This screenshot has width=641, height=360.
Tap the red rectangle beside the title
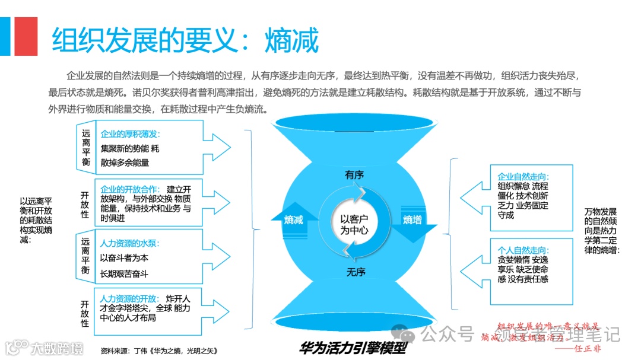click(x=26, y=36)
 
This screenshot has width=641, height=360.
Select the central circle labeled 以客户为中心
click(x=354, y=225)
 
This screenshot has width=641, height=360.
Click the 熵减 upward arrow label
click(x=294, y=220)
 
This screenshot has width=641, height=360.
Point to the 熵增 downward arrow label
click(x=413, y=220)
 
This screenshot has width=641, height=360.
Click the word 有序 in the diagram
click(x=354, y=175)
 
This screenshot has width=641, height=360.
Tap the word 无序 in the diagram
click(x=356, y=272)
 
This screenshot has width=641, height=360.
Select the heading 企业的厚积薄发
click(x=131, y=134)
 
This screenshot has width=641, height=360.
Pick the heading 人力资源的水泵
click(x=130, y=243)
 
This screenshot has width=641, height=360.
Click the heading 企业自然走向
click(x=523, y=177)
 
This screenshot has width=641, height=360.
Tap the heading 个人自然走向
click(x=523, y=250)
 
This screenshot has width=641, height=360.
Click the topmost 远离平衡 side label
click(x=85, y=148)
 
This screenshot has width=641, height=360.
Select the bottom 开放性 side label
click(x=85, y=313)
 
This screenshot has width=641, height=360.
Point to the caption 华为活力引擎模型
click(x=354, y=348)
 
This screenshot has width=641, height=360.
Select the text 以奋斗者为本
click(x=123, y=258)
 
